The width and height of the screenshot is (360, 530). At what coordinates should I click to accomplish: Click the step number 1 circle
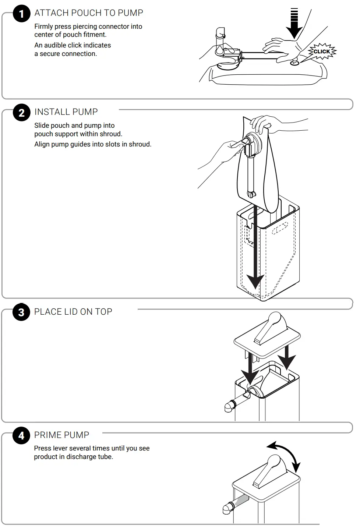click(21, 14)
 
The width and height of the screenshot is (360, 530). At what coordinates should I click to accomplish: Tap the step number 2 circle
click(21, 113)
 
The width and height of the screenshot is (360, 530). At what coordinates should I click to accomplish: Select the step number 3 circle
click(21, 312)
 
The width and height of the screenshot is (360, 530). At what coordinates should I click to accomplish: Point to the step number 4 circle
click(21, 436)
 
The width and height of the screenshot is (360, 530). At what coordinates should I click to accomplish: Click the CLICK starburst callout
click(322, 52)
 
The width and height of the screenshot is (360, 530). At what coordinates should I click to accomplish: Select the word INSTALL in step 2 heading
click(52, 112)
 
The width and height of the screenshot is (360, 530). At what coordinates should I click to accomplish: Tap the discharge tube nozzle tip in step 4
click(227, 509)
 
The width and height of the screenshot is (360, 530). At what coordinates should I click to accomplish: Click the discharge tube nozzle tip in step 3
click(228, 407)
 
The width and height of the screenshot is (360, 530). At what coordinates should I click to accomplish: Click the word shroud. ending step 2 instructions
click(140, 144)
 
